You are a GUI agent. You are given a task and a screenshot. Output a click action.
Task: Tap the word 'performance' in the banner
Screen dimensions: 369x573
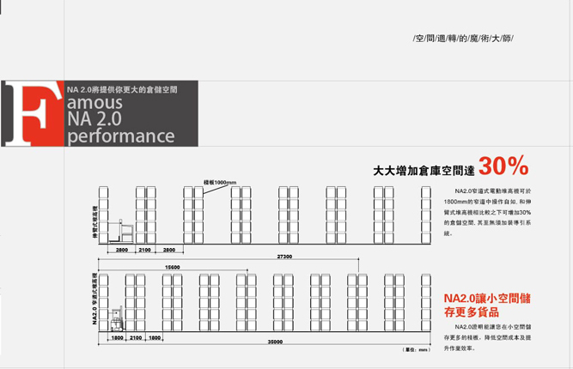(x=120, y=136)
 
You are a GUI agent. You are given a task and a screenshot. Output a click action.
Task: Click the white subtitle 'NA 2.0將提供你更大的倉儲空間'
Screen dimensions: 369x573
(x=122, y=88)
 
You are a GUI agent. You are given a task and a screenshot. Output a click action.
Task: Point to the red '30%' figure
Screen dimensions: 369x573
(x=503, y=166)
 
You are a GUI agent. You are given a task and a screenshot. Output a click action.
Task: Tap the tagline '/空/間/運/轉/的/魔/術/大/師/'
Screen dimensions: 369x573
(x=463, y=39)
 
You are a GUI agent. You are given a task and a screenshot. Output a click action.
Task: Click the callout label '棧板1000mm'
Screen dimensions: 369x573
(x=220, y=182)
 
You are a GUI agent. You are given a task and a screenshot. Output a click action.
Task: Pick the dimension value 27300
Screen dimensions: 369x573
(x=283, y=257)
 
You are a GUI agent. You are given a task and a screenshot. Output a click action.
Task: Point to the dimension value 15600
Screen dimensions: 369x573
(x=172, y=267)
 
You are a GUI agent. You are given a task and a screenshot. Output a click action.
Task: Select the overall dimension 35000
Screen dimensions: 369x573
(x=275, y=342)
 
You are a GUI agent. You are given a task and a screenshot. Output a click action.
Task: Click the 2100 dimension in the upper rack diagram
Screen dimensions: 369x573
(x=145, y=249)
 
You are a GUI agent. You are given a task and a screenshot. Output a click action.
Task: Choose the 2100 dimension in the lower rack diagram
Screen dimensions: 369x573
(x=136, y=337)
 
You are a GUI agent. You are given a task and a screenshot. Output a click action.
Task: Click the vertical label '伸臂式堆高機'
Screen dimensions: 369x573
(x=94, y=221)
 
